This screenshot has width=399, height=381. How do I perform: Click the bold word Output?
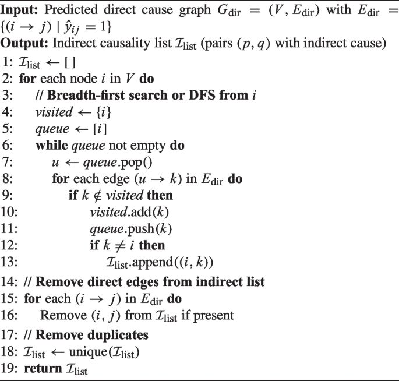coord(24,44)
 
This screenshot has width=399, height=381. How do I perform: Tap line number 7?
coord(8,162)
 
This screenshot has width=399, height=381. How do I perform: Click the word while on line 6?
coord(52,145)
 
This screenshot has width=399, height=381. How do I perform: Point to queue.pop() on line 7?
coord(118,163)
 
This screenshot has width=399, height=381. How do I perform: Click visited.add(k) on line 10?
coord(129,212)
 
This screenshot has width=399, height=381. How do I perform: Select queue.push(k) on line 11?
coord(131,229)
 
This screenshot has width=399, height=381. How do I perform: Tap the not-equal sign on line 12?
coord(120,246)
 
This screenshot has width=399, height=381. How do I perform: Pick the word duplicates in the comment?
coord(117,335)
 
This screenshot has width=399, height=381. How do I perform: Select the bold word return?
coord(43,369)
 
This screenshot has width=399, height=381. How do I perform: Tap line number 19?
coord(9,369)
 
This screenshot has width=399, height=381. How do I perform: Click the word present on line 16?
coord(214,316)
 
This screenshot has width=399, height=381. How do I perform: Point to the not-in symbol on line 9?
coord(97,196)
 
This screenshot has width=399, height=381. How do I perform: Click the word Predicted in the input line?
coord(71,10)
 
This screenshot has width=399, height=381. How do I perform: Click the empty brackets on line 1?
coord(70,62)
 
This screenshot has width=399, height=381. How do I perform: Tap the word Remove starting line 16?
coord(63,315)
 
